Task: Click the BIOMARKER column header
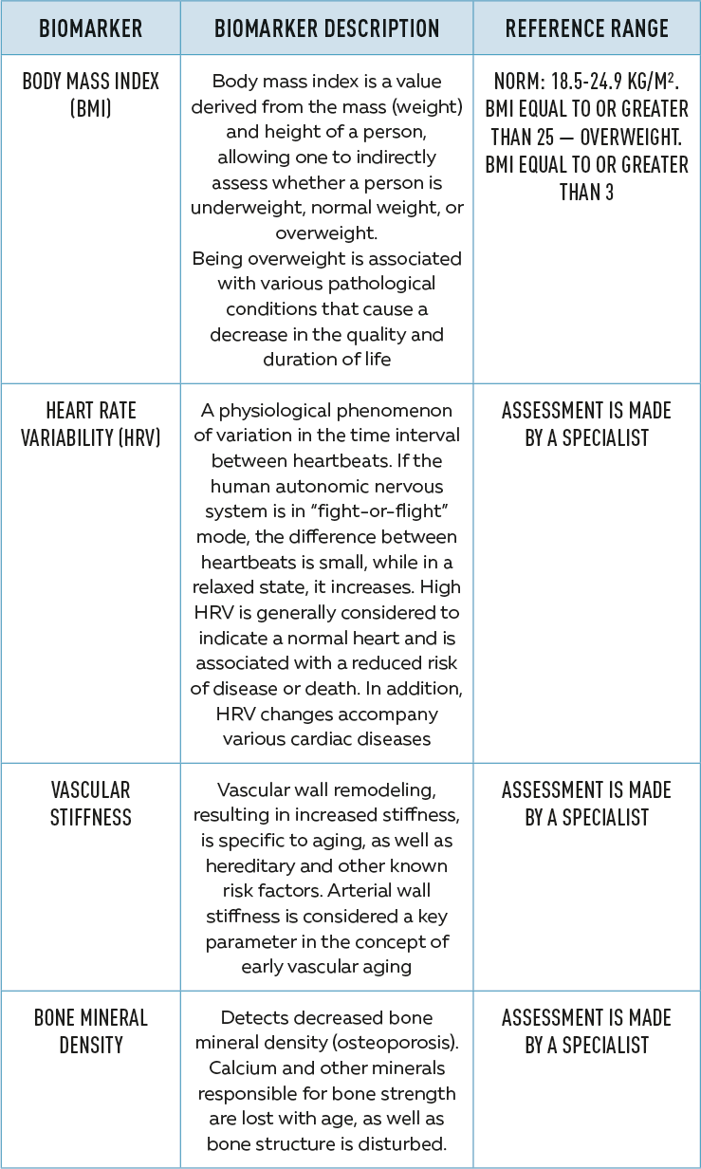tap(91, 28)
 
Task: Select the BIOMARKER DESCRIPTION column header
tap(327, 28)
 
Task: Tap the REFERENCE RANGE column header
tap(586, 28)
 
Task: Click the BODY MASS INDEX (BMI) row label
tap(91, 94)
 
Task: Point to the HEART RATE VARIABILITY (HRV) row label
tap(91, 423)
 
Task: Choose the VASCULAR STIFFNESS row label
tap(91, 803)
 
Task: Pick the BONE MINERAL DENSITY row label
tap(91, 1030)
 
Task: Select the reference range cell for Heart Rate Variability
tap(586, 423)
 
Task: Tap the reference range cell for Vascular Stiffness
tap(586, 803)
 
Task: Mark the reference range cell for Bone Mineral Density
tap(586, 1030)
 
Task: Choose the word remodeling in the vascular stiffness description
tap(392, 790)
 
